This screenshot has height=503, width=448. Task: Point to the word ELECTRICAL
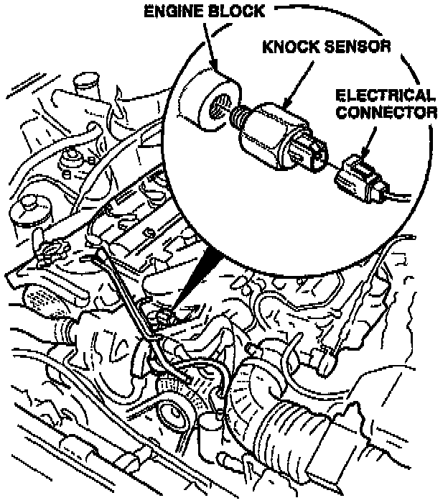[386, 96]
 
